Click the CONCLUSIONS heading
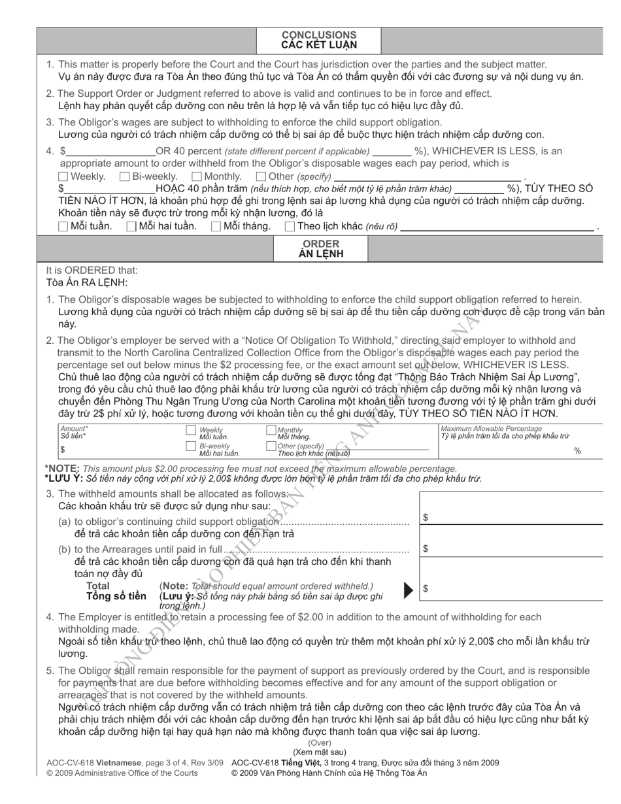pyautogui.click(x=319, y=35)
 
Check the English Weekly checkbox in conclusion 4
pyautogui.click(x=63, y=176)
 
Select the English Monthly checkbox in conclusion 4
pyautogui.click(x=197, y=176)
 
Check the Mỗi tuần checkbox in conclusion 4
pyautogui.click(x=63, y=226)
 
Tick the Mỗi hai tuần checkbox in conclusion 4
pyautogui.click(x=131, y=226)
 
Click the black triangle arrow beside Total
pyautogui.click(x=409, y=590)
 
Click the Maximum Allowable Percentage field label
pyautogui.click(x=491, y=429)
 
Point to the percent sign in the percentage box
pyautogui.click(x=577, y=450)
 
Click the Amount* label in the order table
pyautogui.click(x=73, y=429)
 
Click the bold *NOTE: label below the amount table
pyautogui.click(x=62, y=468)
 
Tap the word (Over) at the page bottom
pyautogui.click(x=320, y=743)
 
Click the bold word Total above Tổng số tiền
pyautogui.click(x=98, y=586)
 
